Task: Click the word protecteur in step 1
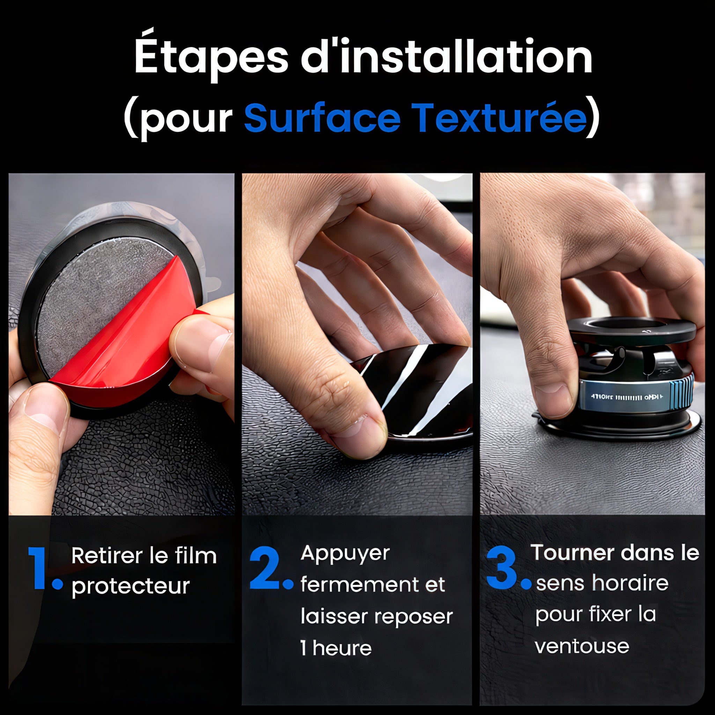[131, 586]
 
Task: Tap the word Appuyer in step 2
[345, 554]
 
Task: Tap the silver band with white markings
[625, 397]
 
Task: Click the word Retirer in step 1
[106, 556]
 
